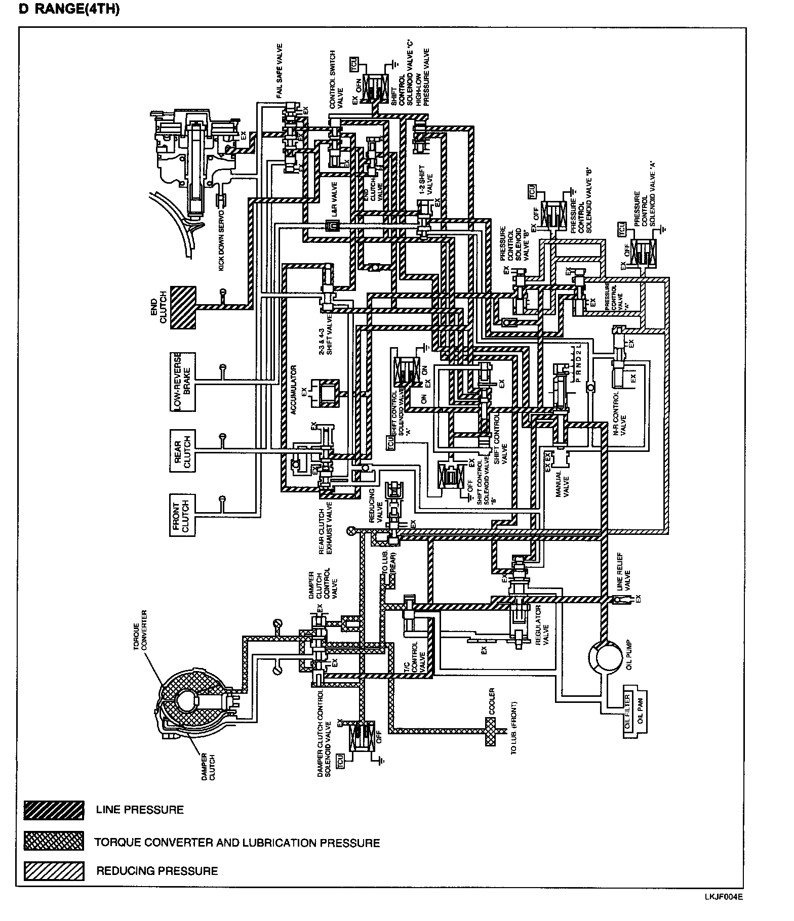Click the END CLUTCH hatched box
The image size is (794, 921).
tap(183, 308)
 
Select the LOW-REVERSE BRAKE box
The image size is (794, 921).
tap(182, 381)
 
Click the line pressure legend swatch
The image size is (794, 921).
tap(54, 810)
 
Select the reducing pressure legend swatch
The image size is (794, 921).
tap(54, 871)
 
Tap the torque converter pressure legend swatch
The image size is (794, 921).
tap(54, 841)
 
